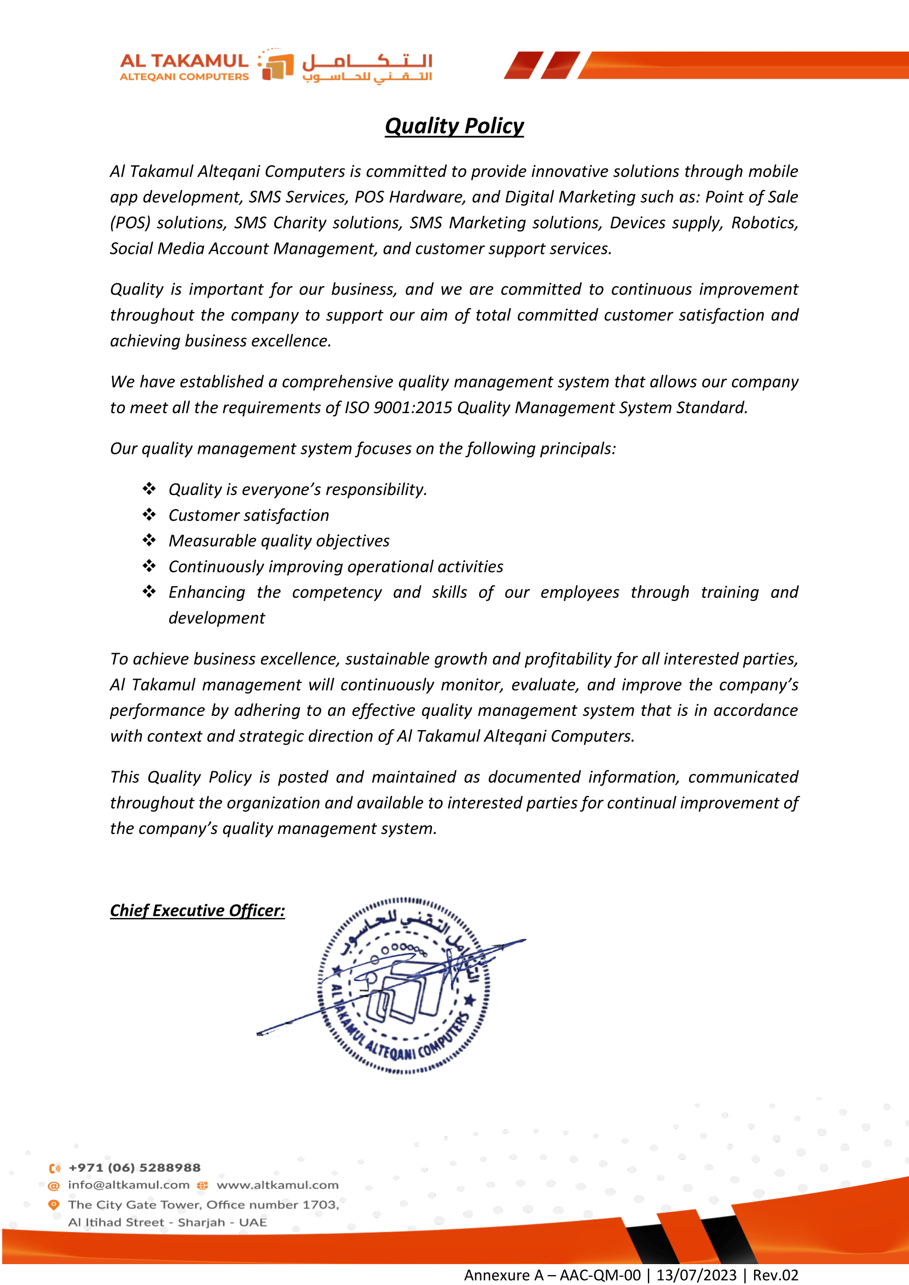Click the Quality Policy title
(454, 126)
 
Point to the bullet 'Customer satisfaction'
(248, 515)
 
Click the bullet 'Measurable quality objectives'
(279, 541)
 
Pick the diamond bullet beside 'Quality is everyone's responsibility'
(149, 489)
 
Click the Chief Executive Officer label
(197, 910)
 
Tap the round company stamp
(403, 986)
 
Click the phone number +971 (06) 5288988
(134, 1168)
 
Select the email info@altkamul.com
(129, 1185)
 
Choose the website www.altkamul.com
(278, 1185)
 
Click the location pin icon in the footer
(54, 1204)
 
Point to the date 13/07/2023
(696, 1275)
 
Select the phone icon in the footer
(54, 1169)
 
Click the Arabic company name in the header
(367, 67)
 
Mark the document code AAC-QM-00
(600, 1275)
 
